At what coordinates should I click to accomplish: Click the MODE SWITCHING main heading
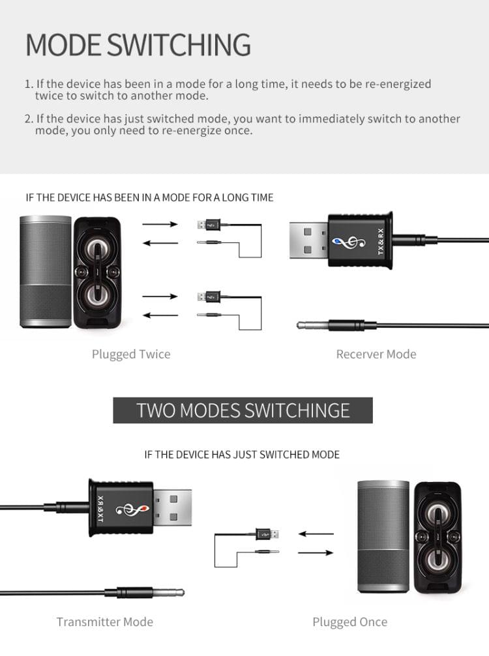[x=138, y=44]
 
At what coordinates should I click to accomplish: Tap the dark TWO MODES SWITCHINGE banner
[x=243, y=410]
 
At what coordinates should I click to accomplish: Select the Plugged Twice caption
[x=131, y=354]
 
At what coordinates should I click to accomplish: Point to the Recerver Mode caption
[x=376, y=354]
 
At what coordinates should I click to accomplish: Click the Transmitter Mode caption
[x=104, y=621]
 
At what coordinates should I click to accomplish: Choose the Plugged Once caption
[x=349, y=621]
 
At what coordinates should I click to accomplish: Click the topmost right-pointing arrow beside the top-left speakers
[x=160, y=224]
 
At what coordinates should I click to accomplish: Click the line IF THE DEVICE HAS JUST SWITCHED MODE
[x=242, y=454]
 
